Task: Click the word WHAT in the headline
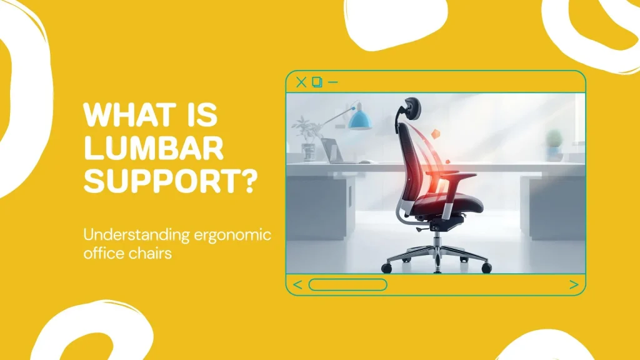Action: (117, 116)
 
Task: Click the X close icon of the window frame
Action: (301, 82)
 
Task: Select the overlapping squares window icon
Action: (317, 82)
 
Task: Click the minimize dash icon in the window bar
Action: (332, 82)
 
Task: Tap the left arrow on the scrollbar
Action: (297, 285)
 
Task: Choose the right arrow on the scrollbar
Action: (574, 285)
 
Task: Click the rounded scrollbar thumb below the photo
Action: (347, 285)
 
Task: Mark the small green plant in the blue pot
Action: (553, 142)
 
